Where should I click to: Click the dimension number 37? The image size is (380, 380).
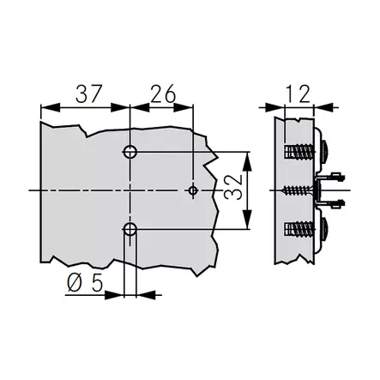[x=88, y=93]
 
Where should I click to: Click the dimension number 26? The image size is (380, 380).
[x=163, y=93]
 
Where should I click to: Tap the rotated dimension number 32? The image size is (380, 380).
[x=233, y=187]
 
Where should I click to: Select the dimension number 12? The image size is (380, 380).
[x=298, y=93]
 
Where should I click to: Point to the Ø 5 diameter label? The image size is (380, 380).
[x=85, y=283]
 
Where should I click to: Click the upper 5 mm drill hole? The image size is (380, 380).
[x=130, y=152]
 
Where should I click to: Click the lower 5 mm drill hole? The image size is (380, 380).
[x=130, y=229]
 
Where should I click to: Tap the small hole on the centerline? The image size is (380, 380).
[x=193, y=190]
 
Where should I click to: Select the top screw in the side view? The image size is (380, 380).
[x=299, y=151]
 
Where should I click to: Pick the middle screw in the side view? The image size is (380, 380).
[x=298, y=190]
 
